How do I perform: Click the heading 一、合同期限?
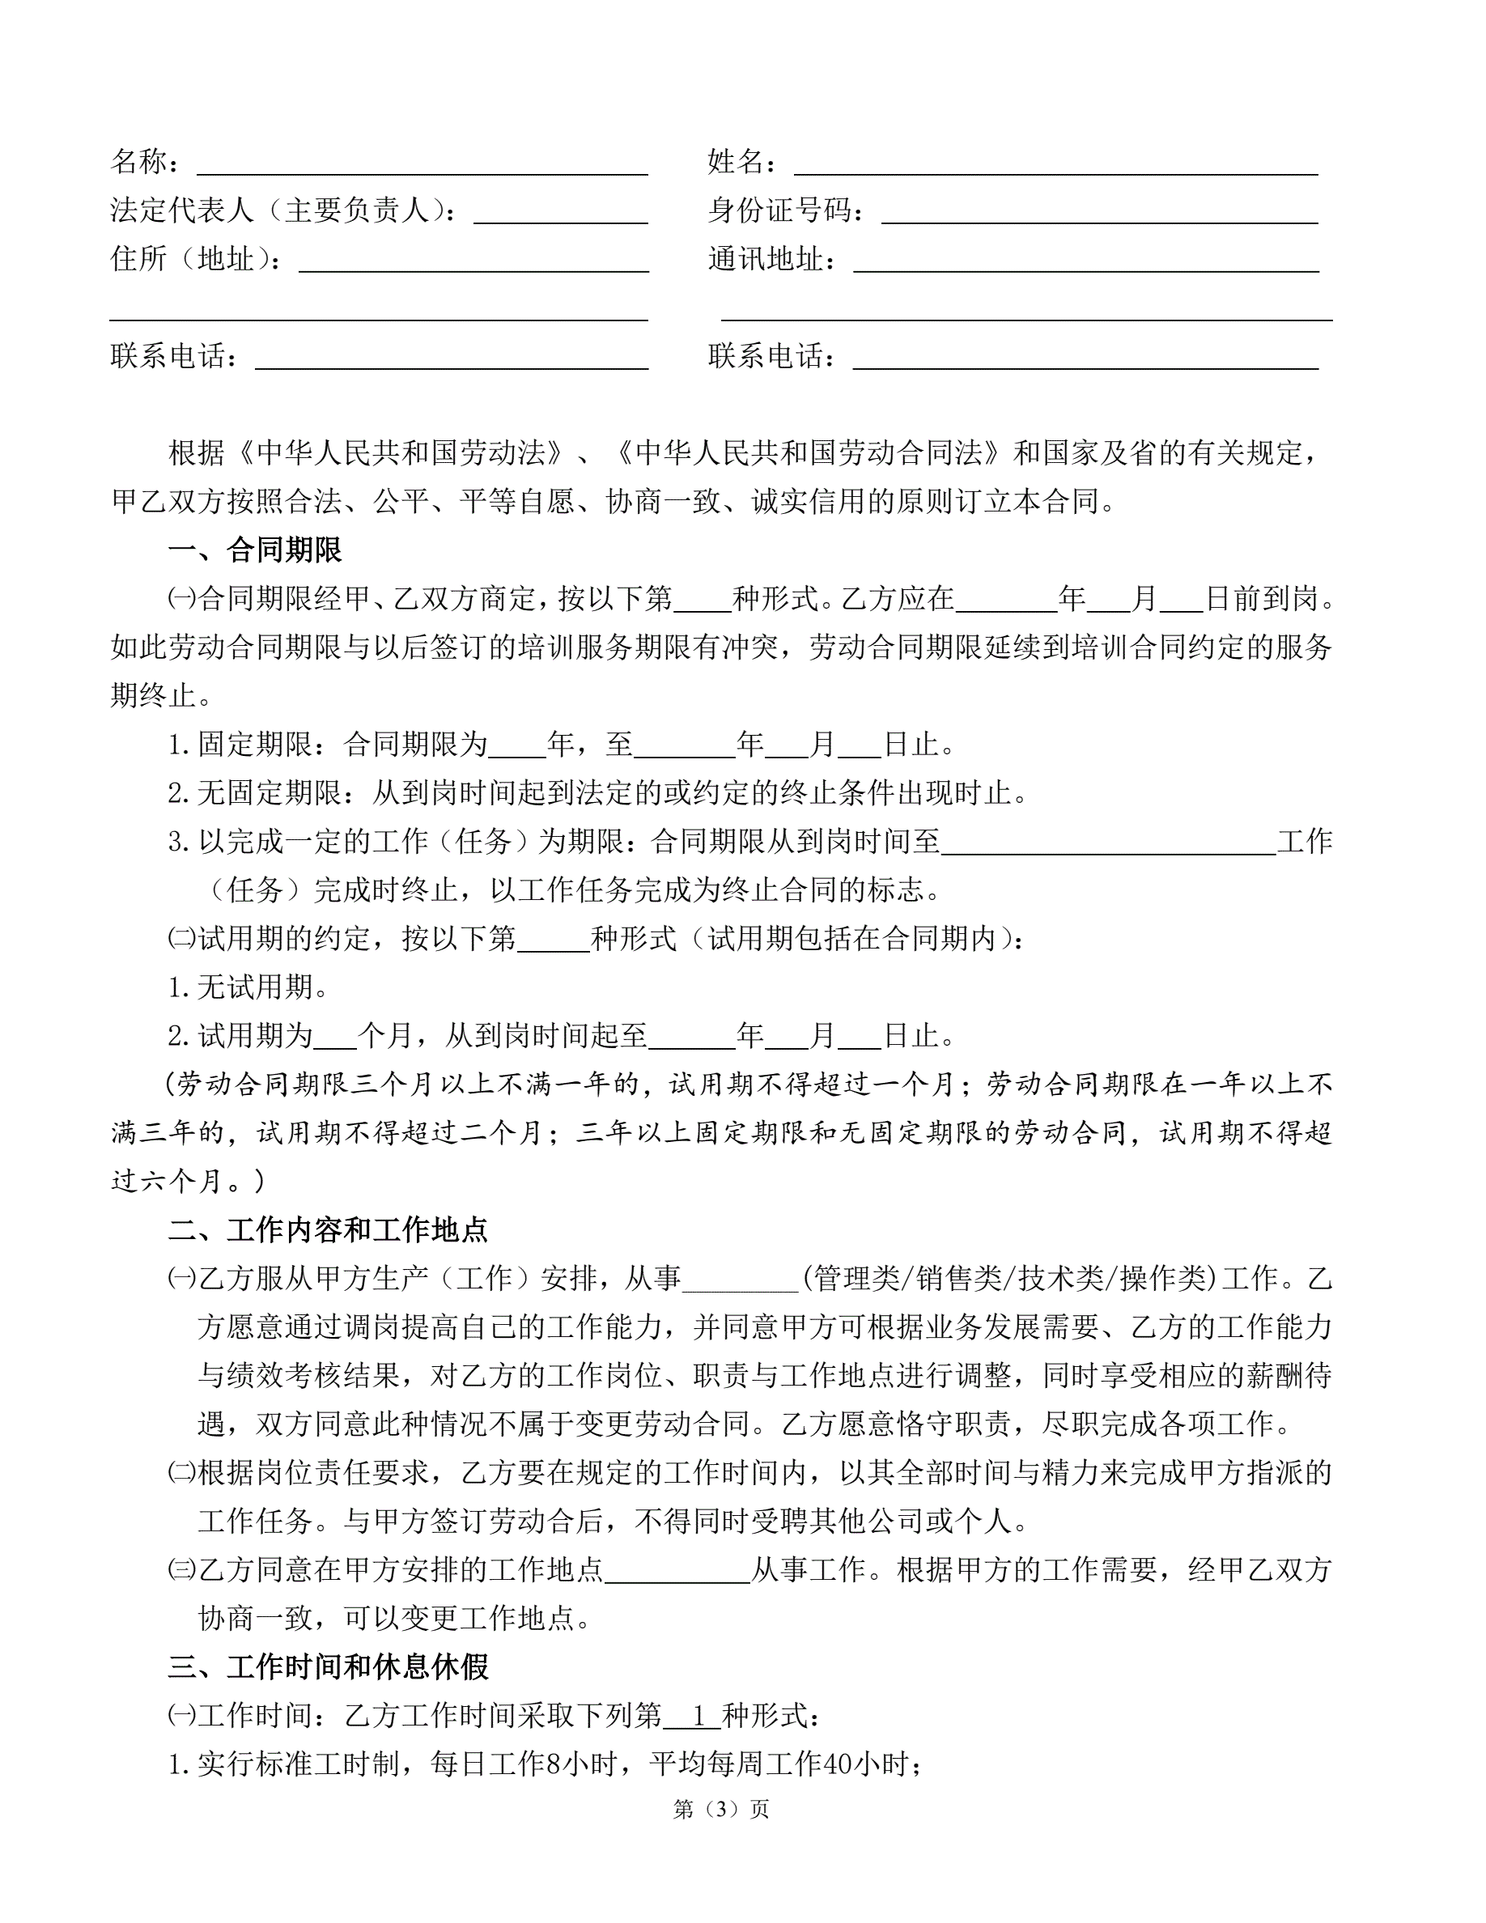coord(254,550)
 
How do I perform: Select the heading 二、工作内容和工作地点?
coord(328,1230)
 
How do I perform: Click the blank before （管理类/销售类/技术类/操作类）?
coord(741,1279)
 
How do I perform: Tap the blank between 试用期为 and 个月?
coord(335,1036)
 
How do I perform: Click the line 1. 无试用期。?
coord(248,988)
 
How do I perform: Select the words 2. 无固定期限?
coord(254,793)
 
